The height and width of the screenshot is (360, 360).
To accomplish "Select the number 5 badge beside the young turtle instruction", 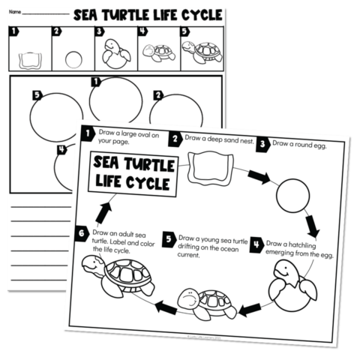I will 169,238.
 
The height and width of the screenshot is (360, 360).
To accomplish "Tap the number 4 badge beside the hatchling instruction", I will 256,244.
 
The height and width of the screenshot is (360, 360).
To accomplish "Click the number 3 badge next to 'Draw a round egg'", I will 262,143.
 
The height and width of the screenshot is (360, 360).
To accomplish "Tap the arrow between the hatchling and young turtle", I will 249,307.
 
